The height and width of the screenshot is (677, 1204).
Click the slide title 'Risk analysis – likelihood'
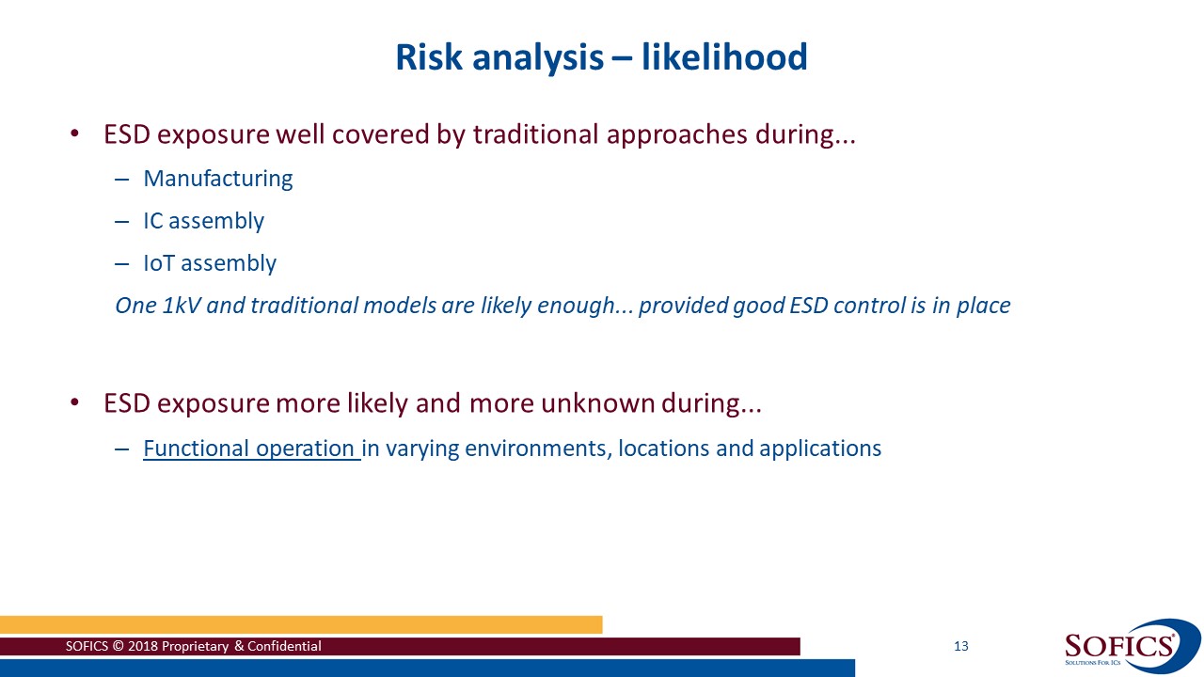[x=601, y=57]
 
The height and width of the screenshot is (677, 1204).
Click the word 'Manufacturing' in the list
[x=217, y=179]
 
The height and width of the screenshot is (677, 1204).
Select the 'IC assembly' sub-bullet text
[x=203, y=221]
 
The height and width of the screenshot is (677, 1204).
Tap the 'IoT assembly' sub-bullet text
[x=210, y=263]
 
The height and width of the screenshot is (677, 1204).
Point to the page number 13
[x=960, y=646]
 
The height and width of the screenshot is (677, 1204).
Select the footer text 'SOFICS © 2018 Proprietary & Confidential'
[x=193, y=646]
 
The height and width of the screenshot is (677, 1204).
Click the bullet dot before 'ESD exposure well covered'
[x=76, y=135]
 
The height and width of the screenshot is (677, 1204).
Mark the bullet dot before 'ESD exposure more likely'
[x=76, y=405]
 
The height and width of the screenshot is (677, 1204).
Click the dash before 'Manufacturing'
[x=120, y=179]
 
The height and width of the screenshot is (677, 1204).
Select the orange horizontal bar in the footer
[x=301, y=624]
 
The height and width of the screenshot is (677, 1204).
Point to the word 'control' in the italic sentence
[x=877, y=306]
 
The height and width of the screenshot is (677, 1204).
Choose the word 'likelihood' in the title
[x=724, y=57]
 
